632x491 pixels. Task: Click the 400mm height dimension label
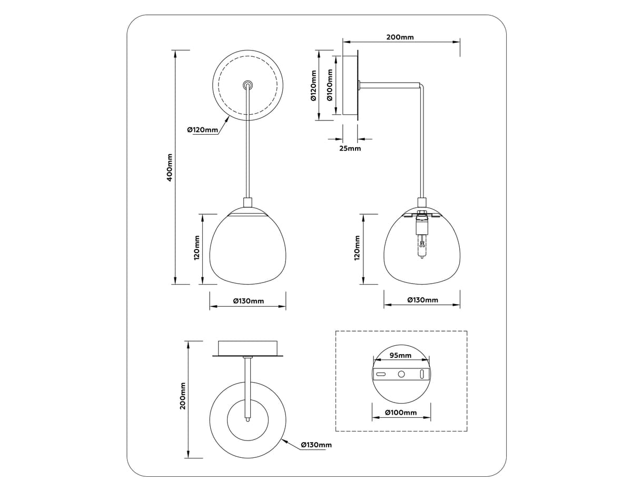click(170, 168)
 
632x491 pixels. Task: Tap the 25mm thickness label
click(350, 148)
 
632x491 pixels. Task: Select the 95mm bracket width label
click(400, 355)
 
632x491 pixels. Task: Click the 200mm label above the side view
click(400, 37)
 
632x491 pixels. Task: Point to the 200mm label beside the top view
click(183, 396)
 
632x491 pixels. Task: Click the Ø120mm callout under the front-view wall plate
click(202, 129)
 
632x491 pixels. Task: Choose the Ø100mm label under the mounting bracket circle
click(401, 412)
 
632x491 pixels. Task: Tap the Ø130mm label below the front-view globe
click(249, 301)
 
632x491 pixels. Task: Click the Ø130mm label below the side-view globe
click(422, 300)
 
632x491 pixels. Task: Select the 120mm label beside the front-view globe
click(197, 248)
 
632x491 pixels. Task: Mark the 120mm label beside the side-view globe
click(357, 248)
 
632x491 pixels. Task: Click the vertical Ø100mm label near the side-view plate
click(330, 85)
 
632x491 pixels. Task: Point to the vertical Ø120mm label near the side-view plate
click(313, 85)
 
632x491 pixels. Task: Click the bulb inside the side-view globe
click(422, 246)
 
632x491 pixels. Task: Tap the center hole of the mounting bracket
click(401, 374)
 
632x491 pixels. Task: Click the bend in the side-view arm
click(422, 85)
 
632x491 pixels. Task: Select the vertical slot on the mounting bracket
click(422, 374)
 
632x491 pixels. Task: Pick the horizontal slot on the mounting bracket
click(381, 374)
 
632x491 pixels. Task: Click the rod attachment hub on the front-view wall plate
click(248, 85)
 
